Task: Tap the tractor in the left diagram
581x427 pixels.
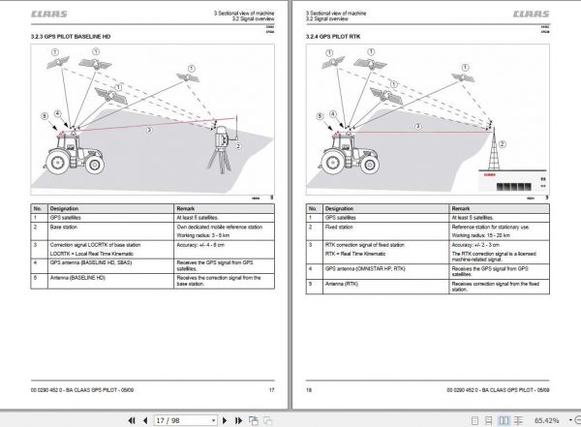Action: tap(70, 147)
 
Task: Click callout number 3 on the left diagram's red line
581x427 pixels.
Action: tap(147, 129)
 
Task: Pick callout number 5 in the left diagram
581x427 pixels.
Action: tap(44, 115)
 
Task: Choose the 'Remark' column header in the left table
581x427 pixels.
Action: tap(187, 208)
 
